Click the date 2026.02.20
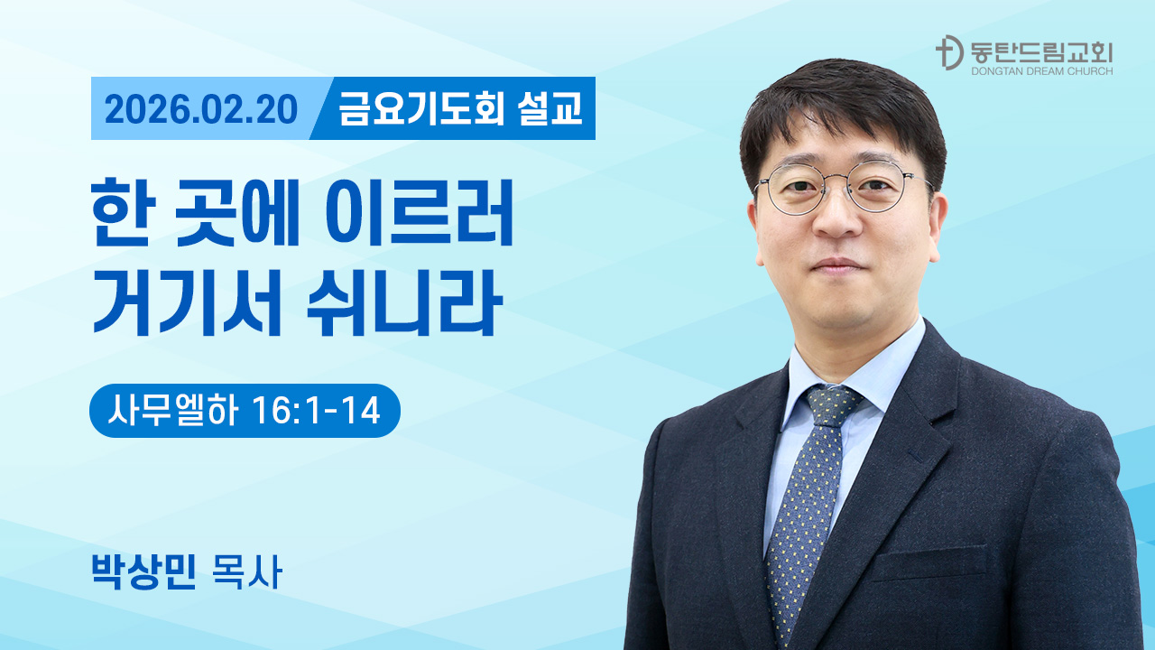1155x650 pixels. (201, 109)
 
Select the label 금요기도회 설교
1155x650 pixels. (460, 109)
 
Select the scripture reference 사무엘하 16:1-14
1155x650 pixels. (244, 412)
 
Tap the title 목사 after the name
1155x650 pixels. (245, 572)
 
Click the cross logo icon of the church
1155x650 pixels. (947, 53)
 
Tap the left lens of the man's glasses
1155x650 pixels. (795, 190)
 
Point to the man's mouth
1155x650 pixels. (838, 264)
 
